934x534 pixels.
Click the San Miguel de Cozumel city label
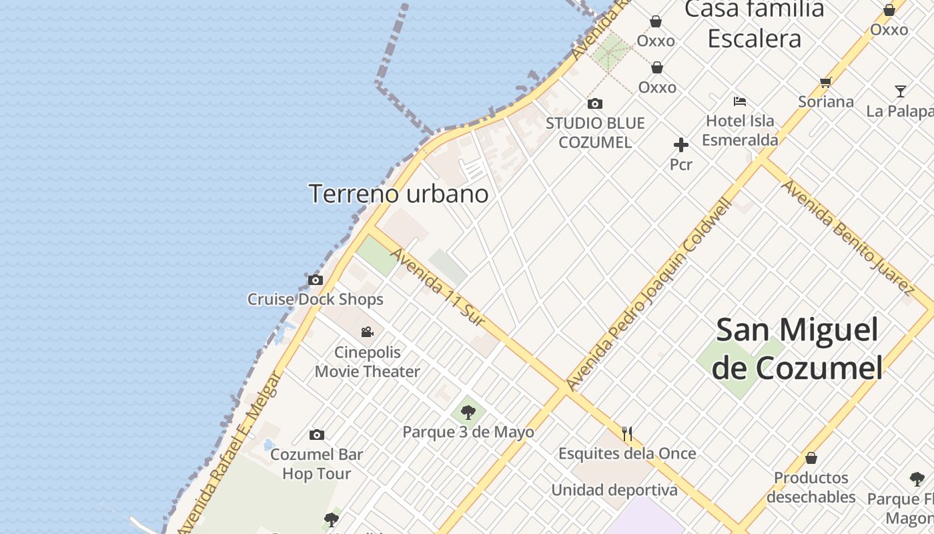tap(797, 348)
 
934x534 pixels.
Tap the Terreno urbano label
tap(398, 194)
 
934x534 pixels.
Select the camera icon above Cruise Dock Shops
tap(316, 280)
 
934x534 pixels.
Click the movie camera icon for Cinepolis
tap(367, 332)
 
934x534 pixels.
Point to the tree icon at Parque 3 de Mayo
tap(468, 412)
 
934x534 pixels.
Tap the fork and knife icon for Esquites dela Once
tap(626, 434)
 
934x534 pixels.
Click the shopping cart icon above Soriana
tap(826, 83)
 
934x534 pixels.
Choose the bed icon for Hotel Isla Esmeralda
tap(739, 101)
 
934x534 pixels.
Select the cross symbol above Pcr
tap(680, 145)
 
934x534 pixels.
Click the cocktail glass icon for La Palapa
tap(901, 91)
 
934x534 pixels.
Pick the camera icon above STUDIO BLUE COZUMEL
tap(594, 103)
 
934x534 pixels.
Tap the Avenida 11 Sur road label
tap(437, 287)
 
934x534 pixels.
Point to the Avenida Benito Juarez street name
tap(847, 237)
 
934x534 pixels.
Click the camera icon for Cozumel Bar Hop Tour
tap(317, 435)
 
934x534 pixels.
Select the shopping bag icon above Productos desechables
tap(811, 458)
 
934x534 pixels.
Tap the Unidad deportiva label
tap(614, 490)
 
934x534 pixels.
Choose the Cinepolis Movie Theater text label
tap(368, 362)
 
